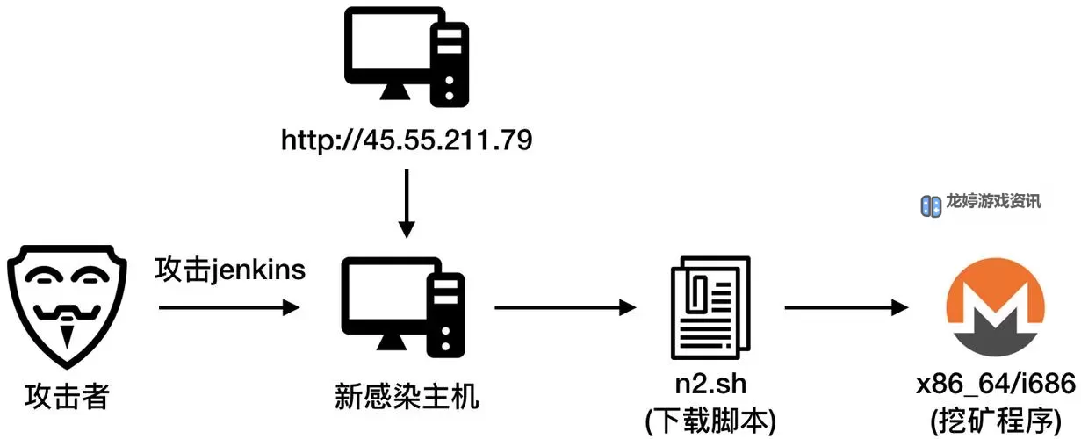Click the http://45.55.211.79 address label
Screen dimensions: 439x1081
click(407, 140)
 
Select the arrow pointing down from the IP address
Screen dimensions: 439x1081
click(406, 203)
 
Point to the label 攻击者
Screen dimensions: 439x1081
click(66, 397)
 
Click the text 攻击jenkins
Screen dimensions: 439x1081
click(230, 270)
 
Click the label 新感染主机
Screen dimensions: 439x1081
click(407, 397)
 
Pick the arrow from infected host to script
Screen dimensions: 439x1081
click(565, 307)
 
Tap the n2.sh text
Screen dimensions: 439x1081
click(710, 386)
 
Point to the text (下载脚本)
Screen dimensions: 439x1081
click(710, 420)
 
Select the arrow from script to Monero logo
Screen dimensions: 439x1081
click(846, 307)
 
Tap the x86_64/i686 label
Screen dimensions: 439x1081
click(996, 385)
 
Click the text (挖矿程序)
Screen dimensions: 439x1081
click(996, 419)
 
